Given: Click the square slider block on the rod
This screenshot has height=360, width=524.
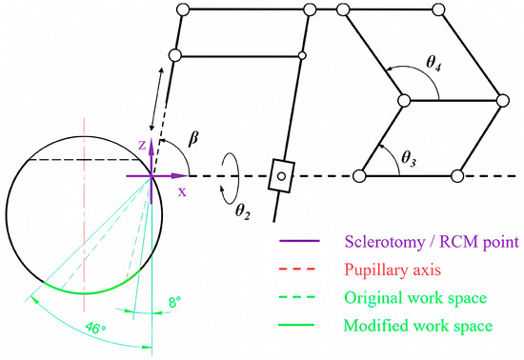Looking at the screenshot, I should [x=282, y=175].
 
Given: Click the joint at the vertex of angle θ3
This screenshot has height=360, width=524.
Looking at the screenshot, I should [x=359, y=175].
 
